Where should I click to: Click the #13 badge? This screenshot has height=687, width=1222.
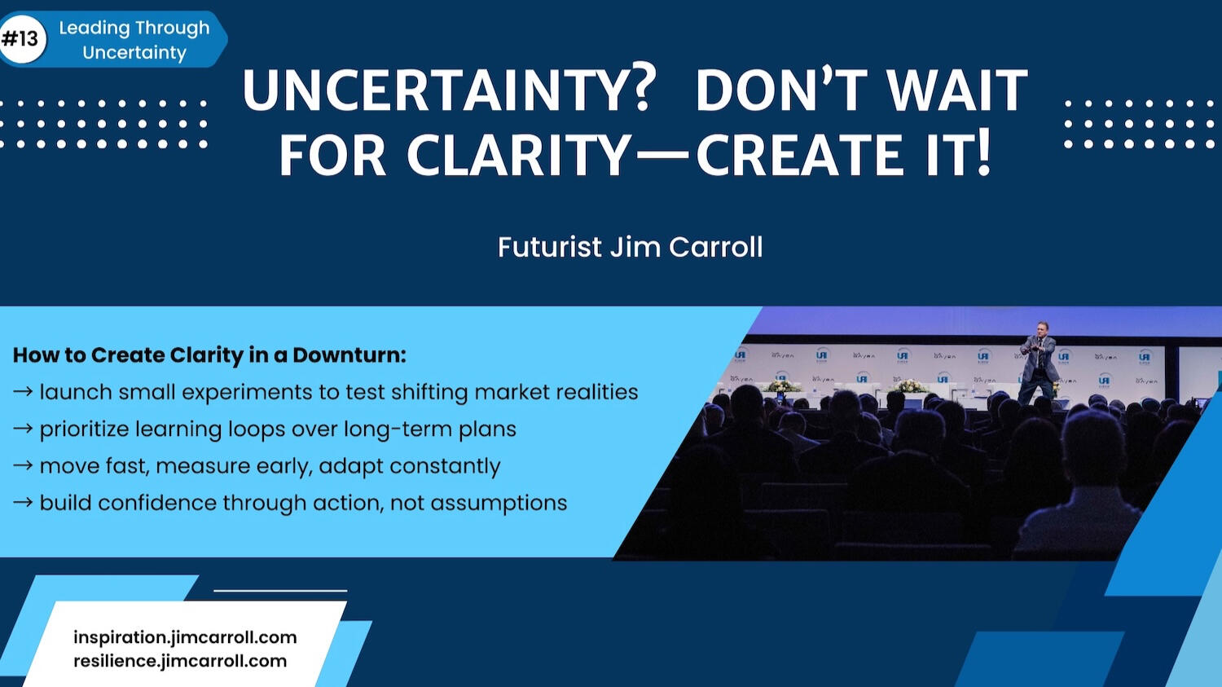click(x=22, y=39)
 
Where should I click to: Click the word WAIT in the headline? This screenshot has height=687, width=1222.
click(x=957, y=90)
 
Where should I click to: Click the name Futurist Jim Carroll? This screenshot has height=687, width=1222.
click(x=630, y=247)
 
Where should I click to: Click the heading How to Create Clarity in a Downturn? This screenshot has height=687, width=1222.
click(x=209, y=355)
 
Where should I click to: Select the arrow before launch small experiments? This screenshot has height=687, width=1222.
click(x=22, y=392)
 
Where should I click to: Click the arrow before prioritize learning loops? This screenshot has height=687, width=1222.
click(x=22, y=429)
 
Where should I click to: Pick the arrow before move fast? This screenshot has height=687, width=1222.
click(x=22, y=466)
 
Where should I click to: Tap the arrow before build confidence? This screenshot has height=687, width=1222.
click(x=22, y=503)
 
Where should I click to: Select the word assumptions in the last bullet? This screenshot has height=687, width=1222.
click(x=499, y=504)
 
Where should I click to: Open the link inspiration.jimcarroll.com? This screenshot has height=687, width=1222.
click(x=185, y=637)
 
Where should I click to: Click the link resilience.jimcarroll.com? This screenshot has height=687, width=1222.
click(x=180, y=661)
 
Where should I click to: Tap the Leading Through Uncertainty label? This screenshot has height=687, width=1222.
click(x=134, y=40)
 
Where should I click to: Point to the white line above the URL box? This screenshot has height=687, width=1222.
click(x=280, y=590)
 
